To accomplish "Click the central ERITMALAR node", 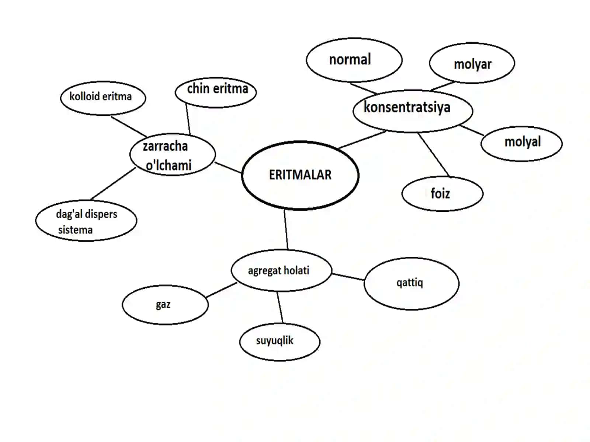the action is tap(300, 175).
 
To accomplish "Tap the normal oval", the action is tap(354, 60).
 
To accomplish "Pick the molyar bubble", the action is tap(472, 63).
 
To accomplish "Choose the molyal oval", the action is tap(521, 144).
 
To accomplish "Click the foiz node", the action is tap(442, 193).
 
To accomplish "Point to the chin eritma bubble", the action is tap(216, 92).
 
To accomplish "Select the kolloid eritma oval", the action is tap(103, 98).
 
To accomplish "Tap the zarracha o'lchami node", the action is tap(173, 154).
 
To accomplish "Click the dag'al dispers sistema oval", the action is tap(86, 220).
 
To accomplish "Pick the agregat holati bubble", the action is tap(281, 270).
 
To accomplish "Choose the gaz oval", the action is tap(165, 305).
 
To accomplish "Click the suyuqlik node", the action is tap(280, 342).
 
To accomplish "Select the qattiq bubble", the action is tap(411, 283).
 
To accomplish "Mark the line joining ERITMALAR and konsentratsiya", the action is tap(362, 140).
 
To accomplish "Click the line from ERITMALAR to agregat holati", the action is tap(286, 230).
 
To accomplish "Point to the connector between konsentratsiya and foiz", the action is tap(434, 155).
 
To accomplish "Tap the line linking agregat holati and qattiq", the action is tap(348, 277).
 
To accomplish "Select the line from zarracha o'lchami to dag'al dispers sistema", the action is tap(113, 183).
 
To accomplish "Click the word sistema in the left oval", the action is tap(75, 230).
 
